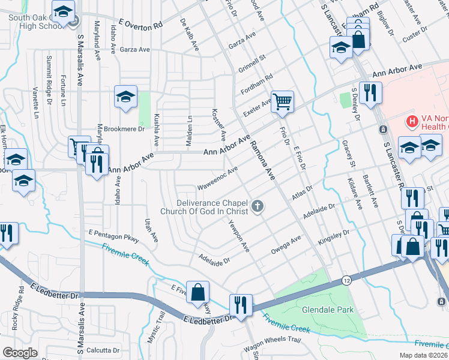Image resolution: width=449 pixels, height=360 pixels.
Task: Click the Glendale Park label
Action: click(x=328, y=310)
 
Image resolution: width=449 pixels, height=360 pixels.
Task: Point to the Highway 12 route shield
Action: click(x=347, y=280)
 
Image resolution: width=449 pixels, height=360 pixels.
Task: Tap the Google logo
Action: click(x=20, y=353)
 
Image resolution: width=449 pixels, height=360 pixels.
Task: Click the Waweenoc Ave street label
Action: click(x=217, y=179)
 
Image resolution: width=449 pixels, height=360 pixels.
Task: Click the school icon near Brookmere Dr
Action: click(x=125, y=97)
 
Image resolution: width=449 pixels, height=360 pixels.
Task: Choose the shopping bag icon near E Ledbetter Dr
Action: click(x=197, y=292)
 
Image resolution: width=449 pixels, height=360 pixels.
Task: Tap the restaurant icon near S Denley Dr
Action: click(x=370, y=92)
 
